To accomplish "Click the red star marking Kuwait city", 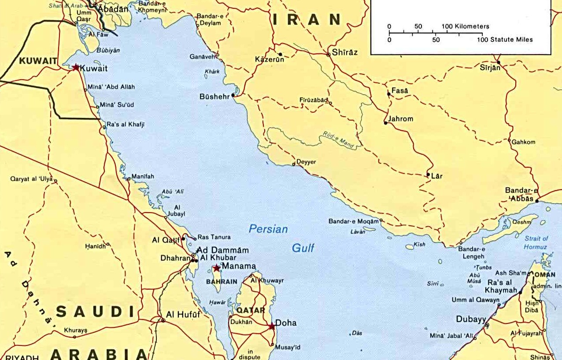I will pyautogui.click(x=76, y=67).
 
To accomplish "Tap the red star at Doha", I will pyautogui.click(x=272, y=326).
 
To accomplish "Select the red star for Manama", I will pyautogui.click(x=216, y=268).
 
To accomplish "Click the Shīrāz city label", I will pyautogui.click(x=345, y=52).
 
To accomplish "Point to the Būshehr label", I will pyautogui.click(x=215, y=96).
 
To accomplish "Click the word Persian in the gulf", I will pyautogui.click(x=268, y=229).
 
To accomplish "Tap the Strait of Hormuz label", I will pyautogui.click(x=536, y=242).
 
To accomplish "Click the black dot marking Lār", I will pyautogui.click(x=428, y=175).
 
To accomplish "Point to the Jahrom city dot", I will pyautogui.click(x=386, y=123).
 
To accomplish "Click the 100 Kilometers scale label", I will pyautogui.click(x=465, y=26).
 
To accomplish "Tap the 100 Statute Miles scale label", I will pyautogui.click(x=505, y=40).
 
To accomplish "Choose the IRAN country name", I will pyautogui.click(x=307, y=19).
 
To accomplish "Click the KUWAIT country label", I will pyautogui.click(x=38, y=61).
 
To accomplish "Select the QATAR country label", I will pyautogui.click(x=251, y=310).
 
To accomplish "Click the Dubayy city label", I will pyautogui.click(x=471, y=320).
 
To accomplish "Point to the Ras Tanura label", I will pyautogui.click(x=214, y=237).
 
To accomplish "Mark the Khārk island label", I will pyautogui.click(x=212, y=72).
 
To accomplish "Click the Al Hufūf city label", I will pyautogui.click(x=183, y=314).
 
